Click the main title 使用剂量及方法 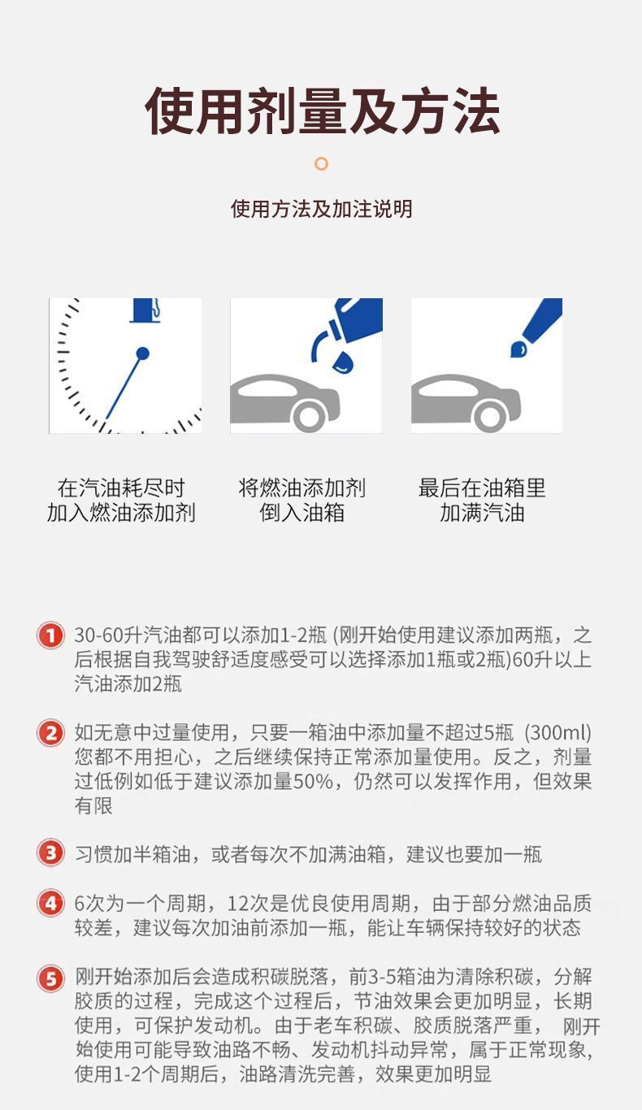(322, 111)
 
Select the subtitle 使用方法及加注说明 (321, 209)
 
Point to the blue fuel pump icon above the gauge (146, 310)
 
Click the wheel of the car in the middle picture (308, 415)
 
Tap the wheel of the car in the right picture (489, 415)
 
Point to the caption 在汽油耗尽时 (121, 488)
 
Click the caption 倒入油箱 (302, 513)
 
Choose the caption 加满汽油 (482, 513)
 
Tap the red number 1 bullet (50, 635)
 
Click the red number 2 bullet (50, 733)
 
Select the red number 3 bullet (50, 853)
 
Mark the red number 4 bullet (50, 903)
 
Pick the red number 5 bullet (50, 978)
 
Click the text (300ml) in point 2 (557, 732)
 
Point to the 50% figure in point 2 (312, 782)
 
